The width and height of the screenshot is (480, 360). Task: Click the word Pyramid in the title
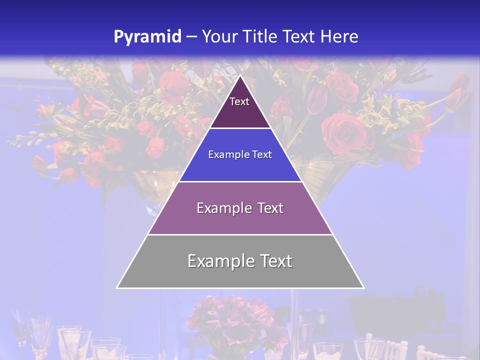(147, 37)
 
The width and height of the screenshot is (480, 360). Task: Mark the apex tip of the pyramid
(240, 76)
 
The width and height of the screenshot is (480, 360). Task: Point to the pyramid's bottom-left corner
(117, 287)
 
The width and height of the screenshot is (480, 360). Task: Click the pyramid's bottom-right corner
(363, 287)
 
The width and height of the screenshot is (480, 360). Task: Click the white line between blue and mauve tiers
(240, 181)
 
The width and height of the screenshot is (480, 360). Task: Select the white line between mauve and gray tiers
(240, 234)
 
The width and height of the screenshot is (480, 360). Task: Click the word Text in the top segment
(239, 101)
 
